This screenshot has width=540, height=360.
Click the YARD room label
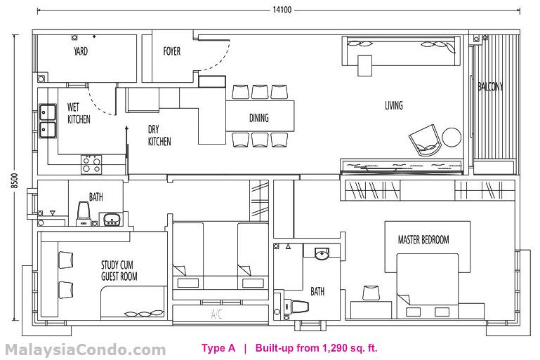click(81, 51)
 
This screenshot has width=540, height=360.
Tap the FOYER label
click(172, 51)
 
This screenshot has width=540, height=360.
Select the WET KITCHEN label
click(79, 113)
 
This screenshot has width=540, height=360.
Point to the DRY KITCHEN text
click(159, 135)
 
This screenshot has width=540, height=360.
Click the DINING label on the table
click(259, 118)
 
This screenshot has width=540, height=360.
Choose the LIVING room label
click(394, 105)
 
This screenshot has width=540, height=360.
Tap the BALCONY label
click(490, 86)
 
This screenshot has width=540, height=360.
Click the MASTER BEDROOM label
click(423, 239)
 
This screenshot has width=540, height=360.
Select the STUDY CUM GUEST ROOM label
click(119, 270)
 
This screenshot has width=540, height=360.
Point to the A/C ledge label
click(216, 314)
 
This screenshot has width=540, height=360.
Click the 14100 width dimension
click(282, 10)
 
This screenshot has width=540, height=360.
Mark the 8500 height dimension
click(14, 181)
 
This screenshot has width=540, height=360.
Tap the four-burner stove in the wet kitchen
click(91, 164)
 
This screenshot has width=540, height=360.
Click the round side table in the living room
click(452, 137)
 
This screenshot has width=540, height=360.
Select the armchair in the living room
click(425, 140)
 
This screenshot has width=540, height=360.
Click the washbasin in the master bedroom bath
click(322, 253)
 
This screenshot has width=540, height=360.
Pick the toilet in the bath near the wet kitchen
click(84, 213)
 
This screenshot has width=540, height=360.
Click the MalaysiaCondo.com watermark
click(86, 350)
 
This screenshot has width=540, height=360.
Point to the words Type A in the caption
click(218, 348)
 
